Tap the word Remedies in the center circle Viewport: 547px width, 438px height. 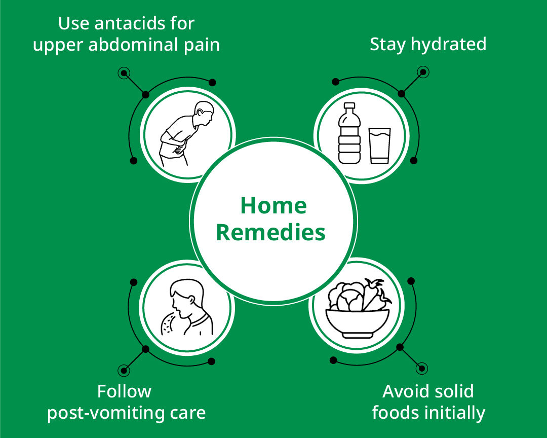(x=270, y=232)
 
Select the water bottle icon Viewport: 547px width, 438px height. (x=349, y=133)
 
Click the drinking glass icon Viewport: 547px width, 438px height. (x=379, y=145)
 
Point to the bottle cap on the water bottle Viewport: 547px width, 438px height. (x=349, y=106)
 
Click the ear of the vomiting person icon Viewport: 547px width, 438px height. (x=192, y=300)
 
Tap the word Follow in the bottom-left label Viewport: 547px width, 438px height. (x=124, y=391)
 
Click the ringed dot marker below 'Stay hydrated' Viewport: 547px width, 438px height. (x=423, y=72)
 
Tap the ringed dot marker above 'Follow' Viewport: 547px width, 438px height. (x=124, y=371)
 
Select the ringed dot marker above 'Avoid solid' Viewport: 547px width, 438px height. (x=422, y=368)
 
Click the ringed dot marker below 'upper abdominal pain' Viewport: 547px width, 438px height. (x=124, y=74)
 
